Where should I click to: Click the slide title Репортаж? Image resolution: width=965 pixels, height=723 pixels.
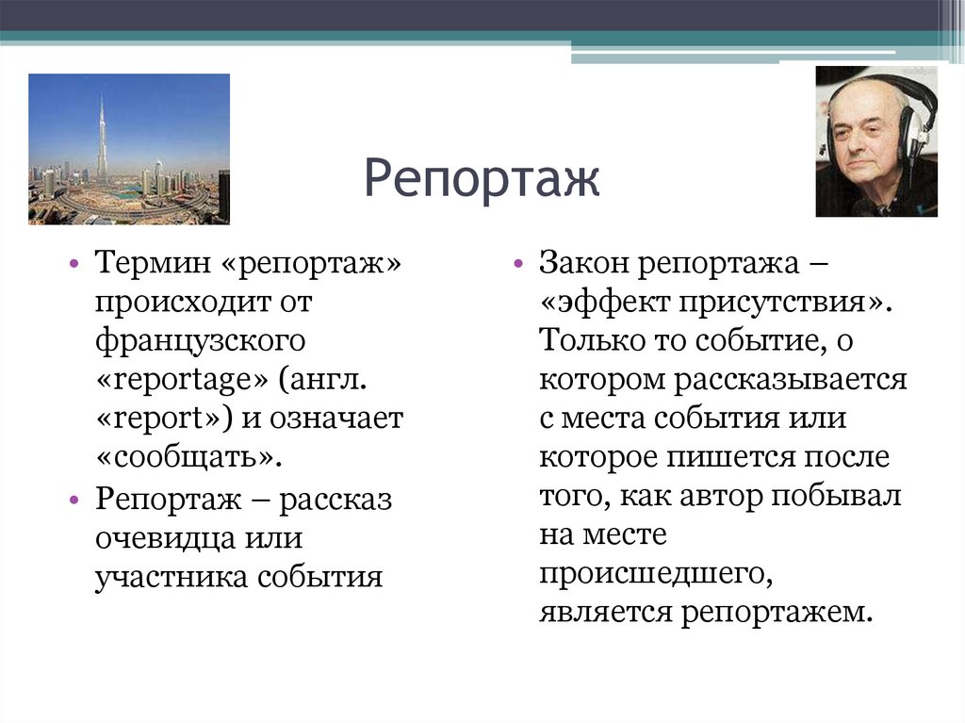coord(482,178)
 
